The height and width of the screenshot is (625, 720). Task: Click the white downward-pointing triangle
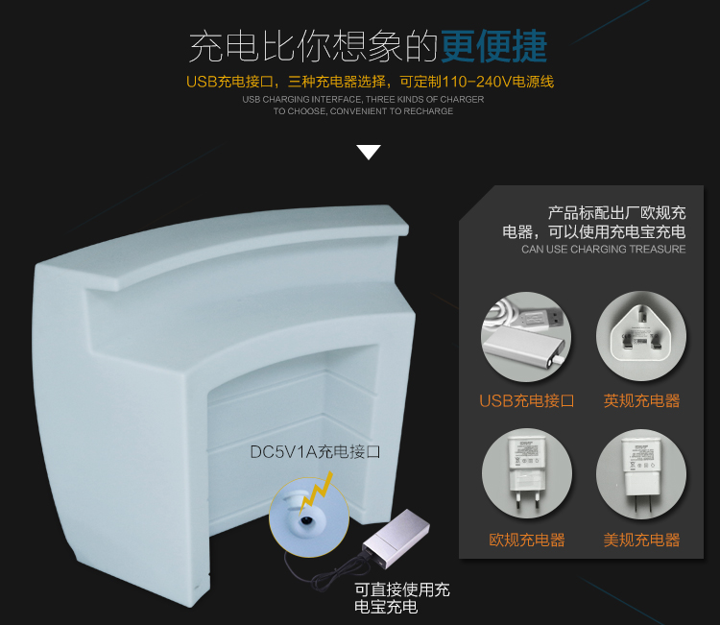coord(369,152)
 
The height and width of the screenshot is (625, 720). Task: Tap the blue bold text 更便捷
coord(494,46)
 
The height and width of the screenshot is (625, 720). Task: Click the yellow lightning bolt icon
coord(316,492)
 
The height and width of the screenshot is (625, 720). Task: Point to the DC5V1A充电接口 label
coord(315,452)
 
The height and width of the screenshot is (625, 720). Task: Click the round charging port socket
coord(305,520)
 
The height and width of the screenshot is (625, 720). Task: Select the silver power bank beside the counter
coord(396,538)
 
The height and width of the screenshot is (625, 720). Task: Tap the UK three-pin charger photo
coord(641,336)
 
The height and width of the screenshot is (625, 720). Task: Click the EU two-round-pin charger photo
coord(527,473)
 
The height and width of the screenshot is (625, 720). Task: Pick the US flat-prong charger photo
coord(641,474)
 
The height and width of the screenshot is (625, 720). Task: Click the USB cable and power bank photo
coord(526,337)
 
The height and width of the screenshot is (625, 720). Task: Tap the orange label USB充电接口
coord(527,401)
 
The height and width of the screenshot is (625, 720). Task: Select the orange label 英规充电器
coord(641,401)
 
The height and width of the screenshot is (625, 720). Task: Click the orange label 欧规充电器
coord(527,540)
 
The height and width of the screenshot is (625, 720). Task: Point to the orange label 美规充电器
coord(641,540)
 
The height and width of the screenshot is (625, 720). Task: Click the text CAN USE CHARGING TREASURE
coord(604,250)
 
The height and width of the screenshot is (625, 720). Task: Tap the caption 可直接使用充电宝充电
coord(402,598)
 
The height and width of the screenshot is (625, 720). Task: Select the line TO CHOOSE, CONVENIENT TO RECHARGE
coord(363,111)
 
